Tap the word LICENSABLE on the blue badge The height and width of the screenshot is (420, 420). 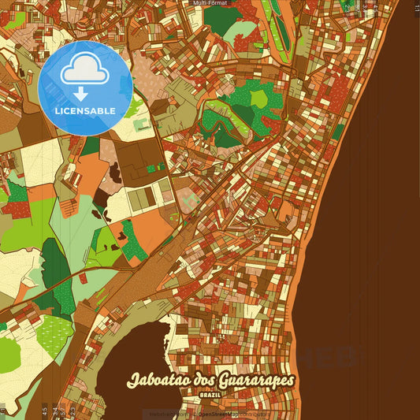tap(85, 110)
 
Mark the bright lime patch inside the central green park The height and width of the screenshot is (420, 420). tap(259, 98)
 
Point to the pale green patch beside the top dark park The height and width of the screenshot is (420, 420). tap(240, 32)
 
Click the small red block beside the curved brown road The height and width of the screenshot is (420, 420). tap(83, 278)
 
